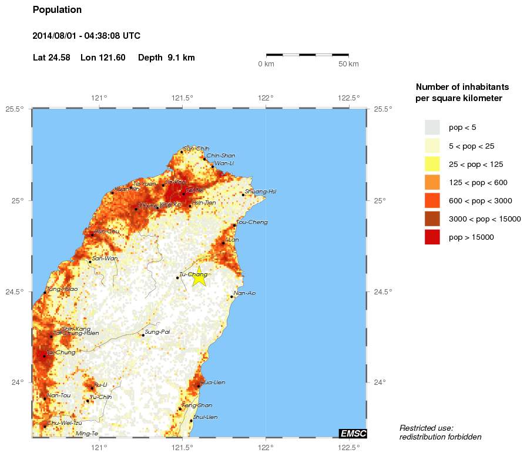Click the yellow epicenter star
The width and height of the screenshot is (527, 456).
pos(199,276)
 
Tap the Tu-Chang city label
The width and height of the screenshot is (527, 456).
pos(193,274)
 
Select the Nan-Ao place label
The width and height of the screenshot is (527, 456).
pos(244,293)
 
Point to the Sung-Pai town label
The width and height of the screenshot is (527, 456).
pos(157,332)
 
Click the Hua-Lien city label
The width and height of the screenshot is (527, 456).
pos(213,383)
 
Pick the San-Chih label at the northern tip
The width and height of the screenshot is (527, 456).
pos(196,149)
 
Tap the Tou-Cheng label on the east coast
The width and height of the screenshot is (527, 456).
pos(252,222)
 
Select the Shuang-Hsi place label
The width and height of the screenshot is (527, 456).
pos(260,192)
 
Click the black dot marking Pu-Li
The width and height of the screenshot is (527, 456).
pos(92,388)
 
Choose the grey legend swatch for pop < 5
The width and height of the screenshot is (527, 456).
pos(432,127)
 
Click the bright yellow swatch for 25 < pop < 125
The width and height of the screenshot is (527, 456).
pos(432,164)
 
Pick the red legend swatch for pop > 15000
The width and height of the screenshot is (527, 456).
pos(432,237)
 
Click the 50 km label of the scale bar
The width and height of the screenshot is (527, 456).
pos(348,64)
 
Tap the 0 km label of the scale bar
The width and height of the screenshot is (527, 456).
pos(266,64)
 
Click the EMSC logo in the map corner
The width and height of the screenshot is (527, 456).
pos(353,434)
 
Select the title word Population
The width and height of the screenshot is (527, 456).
pos(57,10)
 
